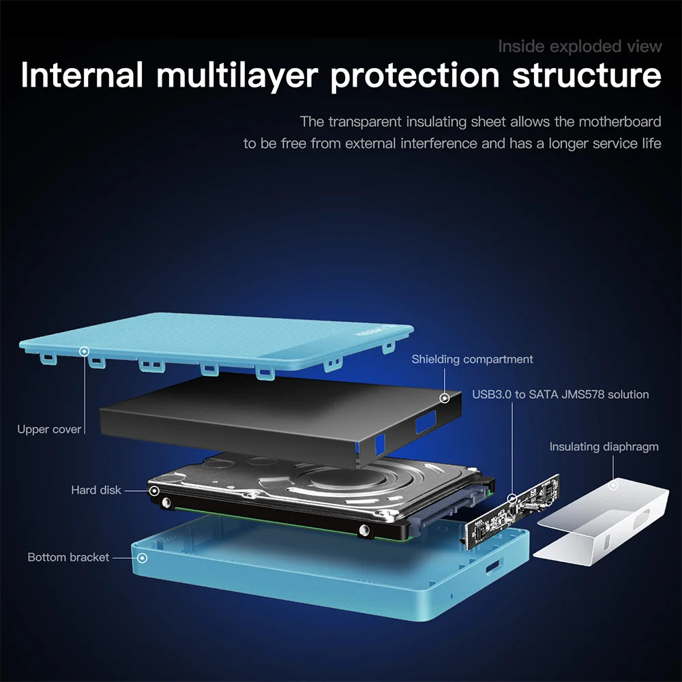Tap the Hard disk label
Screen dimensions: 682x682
pos(96,490)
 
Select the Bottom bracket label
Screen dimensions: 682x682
pos(68,557)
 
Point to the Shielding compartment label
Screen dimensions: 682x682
pos(472,359)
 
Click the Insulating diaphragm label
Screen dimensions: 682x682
pos(604,447)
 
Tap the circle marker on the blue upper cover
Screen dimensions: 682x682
pos(85,351)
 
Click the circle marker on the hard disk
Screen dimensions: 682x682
pos(154,490)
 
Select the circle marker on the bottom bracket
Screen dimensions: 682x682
pos(142,558)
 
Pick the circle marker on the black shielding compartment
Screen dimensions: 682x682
pos(444,398)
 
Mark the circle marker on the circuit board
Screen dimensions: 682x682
pos(512,499)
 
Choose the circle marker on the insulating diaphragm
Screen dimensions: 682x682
pos(613,486)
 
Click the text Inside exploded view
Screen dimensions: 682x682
pos(580,46)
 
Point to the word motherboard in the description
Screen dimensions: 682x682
pos(620,122)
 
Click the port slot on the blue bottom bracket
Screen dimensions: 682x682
pos(492,565)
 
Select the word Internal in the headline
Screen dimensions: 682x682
pos(82,75)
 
